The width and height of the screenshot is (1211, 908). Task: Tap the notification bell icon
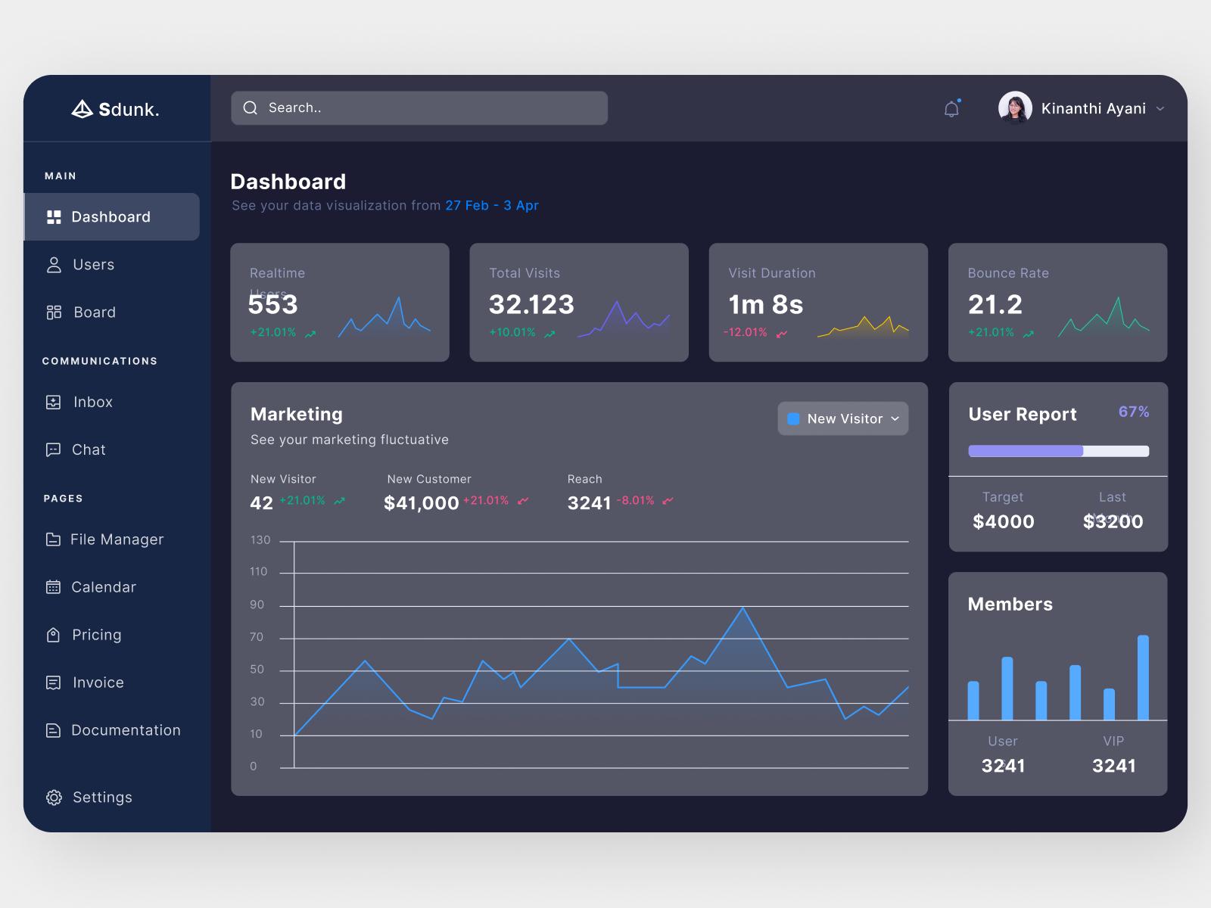tap(951, 109)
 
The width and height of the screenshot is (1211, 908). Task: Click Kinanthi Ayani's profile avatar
tap(1015, 108)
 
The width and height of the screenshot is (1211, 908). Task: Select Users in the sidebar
tap(92, 265)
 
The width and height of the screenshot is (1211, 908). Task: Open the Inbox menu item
tap(92, 402)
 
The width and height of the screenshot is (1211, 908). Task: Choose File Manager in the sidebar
tap(116, 540)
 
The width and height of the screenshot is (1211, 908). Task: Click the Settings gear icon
tap(54, 798)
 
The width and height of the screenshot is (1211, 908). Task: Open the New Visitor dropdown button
tap(842, 418)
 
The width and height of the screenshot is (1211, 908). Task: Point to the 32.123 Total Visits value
tap(531, 304)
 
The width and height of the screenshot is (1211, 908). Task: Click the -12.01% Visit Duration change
tap(746, 332)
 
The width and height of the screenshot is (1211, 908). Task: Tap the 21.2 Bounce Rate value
tap(995, 304)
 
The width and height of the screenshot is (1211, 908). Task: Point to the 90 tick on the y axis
tap(257, 605)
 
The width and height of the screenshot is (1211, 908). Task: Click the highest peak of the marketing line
tap(742, 608)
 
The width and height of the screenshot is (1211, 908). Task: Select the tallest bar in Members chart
tap(1143, 676)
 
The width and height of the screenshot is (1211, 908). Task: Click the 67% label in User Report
tap(1133, 412)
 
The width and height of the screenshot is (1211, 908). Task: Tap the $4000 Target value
tap(1003, 521)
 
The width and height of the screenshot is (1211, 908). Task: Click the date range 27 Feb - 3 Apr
tap(491, 206)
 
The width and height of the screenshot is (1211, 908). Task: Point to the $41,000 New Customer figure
tap(421, 503)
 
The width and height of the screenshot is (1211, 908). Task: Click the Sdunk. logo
tap(115, 110)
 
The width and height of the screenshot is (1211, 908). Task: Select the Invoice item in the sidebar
tap(97, 683)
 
